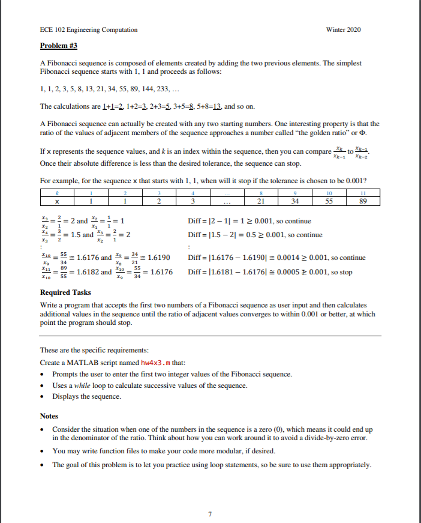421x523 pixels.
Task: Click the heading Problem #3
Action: point(59,46)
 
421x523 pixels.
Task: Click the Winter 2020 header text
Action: point(343,29)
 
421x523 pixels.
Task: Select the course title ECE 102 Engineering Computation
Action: point(88,29)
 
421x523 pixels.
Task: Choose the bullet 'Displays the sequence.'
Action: point(86,396)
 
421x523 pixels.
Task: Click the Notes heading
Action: point(50,416)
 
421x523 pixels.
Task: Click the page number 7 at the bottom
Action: point(210,497)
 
